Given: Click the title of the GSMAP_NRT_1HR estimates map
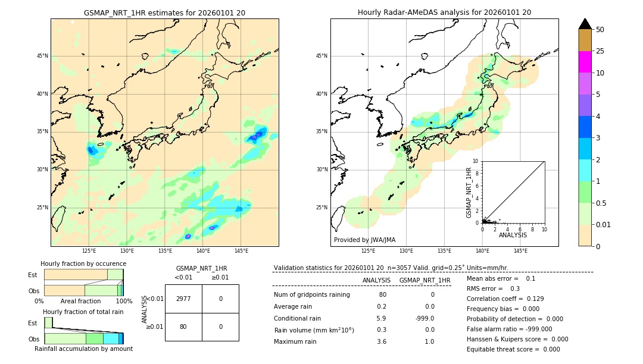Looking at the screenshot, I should (164, 12).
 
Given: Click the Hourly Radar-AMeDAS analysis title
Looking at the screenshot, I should (444, 12).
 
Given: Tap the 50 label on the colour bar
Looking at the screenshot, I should (600, 30).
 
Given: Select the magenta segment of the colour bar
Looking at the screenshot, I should (585, 62).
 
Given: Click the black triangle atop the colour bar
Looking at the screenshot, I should (585, 24).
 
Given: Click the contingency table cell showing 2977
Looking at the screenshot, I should (183, 299).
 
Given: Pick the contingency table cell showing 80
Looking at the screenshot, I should (183, 327).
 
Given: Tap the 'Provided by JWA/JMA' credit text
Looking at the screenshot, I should (364, 240).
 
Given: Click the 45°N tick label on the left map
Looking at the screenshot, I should (42, 56).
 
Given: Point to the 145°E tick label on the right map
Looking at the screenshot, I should (520, 251).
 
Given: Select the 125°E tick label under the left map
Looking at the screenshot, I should (89, 251).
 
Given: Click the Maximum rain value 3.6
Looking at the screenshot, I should (381, 341).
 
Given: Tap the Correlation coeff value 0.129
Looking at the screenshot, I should (533, 299).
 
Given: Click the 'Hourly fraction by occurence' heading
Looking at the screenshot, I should (83, 263).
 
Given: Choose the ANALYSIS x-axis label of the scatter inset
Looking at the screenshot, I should (513, 235).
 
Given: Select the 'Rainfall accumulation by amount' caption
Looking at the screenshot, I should (83, 349).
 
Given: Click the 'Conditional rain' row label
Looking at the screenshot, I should (298, 318).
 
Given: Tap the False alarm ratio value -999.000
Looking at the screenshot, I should (534, 329).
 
